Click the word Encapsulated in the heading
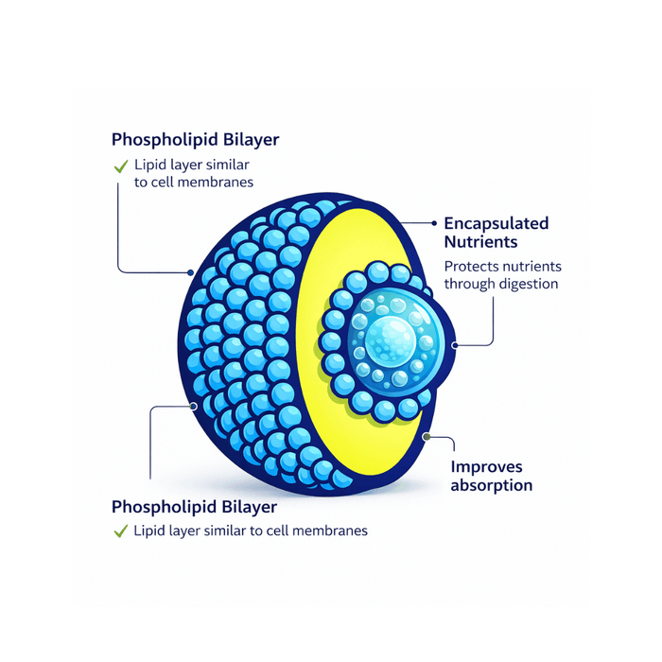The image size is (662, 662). point(496,224)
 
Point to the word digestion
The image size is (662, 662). point(525,283)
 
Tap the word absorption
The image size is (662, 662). point(491,485)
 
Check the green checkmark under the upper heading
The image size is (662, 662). point(121,165)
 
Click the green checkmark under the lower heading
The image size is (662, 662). point(121,531)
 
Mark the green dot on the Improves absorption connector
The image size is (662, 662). point(427,437)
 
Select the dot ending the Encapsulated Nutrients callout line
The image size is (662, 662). point(456,345)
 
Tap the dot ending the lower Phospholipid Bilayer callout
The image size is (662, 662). point(194,408)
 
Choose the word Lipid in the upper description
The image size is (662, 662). point(149,165)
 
